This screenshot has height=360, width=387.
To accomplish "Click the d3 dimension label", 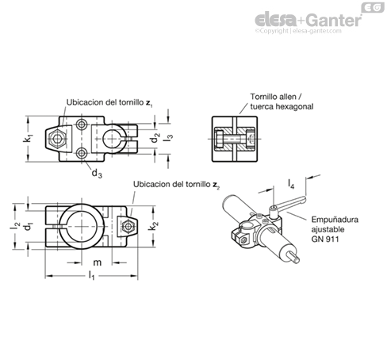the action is point(97,174).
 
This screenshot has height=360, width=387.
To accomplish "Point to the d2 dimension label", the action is point(155,138).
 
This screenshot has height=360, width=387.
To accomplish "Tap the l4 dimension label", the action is point(291,183).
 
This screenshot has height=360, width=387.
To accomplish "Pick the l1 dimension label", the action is point(91,275).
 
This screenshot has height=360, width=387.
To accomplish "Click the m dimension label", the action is point(98,262).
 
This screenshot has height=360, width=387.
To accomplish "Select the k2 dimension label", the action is point(153,227).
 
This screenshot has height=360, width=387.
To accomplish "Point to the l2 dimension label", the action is point(15,225).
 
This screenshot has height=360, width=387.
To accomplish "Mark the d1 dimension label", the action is point(29,227).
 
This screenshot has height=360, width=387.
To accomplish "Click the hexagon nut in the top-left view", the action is point(56,139).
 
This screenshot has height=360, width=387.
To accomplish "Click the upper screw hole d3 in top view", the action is point(82,124).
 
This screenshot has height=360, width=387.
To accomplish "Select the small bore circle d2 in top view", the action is point(112,139).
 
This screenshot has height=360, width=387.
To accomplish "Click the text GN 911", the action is point(325,239).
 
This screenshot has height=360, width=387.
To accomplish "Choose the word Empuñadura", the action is point(335,220).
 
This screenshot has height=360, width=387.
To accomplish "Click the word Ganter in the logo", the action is point(335,20).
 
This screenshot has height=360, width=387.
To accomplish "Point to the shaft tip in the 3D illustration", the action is point(297,260).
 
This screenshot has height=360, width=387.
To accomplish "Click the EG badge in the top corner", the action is point(373,7).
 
